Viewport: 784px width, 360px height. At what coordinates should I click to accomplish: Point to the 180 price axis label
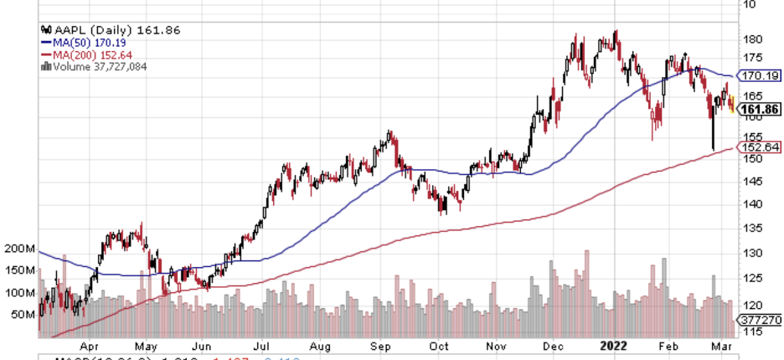coord(751,39)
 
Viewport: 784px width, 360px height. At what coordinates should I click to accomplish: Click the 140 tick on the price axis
coord(751,203)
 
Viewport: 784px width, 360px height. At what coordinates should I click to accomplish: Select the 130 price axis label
coord(751,253)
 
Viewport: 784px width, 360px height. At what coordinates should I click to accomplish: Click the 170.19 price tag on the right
coord(759,75)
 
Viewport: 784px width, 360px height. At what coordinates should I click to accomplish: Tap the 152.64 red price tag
coord(759,147)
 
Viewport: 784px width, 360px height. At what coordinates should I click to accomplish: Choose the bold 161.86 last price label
coord(760,109)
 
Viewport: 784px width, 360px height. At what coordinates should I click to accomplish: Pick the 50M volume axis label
coord(23,315)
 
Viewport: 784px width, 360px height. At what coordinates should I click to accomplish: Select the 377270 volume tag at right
coord(758,320)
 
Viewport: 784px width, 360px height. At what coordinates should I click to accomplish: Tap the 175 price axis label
coord(751,58)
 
